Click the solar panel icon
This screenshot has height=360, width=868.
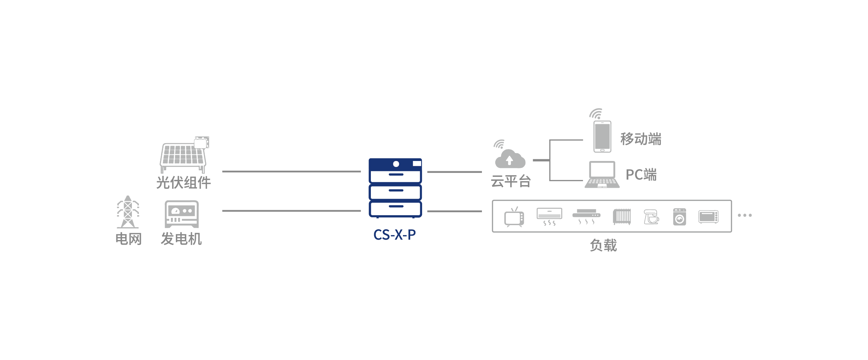point(184,155)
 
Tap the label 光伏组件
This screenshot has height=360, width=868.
point(184,182)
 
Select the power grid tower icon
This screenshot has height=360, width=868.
point(128,212)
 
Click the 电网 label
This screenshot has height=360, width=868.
point(128,239)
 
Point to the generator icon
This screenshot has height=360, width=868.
point(181,214)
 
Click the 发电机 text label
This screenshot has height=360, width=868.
point(181,239)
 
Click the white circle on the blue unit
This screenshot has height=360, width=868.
point(396,164)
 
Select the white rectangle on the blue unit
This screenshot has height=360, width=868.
point(417,164)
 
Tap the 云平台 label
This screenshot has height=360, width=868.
point(511,181)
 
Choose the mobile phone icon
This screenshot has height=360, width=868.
point(602,137)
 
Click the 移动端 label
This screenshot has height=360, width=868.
point(641,139)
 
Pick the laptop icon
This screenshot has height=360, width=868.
point(602,175)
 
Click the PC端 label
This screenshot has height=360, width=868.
point(641,175)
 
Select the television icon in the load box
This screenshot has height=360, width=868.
point(514,218)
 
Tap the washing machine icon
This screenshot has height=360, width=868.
point(679,217)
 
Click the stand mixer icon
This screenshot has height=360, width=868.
point(651,217)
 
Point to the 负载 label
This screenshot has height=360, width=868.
point(603,245)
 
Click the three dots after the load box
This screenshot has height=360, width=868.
point(745,216)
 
